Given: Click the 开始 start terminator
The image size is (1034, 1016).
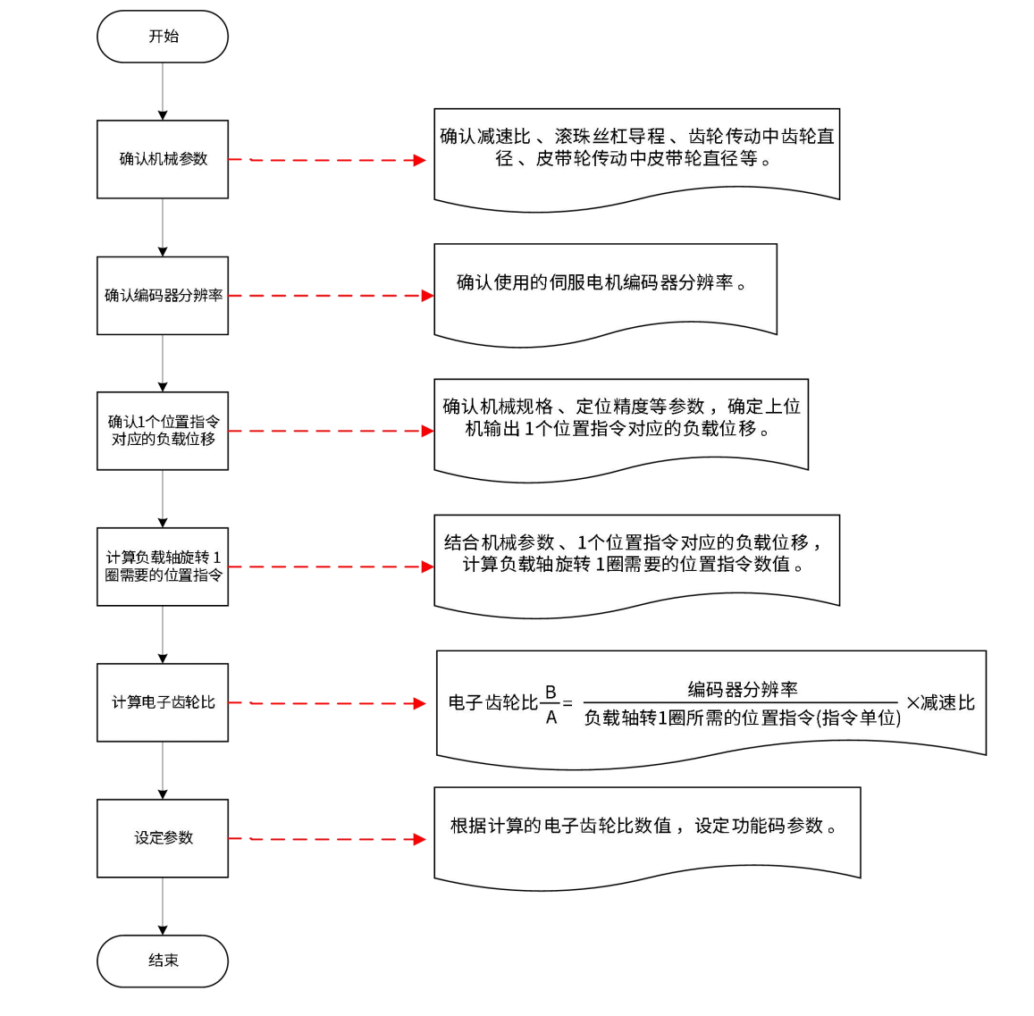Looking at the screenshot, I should [x=163, y=37].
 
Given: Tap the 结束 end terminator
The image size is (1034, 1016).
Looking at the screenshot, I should [x=163, y=961].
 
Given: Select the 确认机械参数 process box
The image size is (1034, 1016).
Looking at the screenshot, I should [x=163, y=159].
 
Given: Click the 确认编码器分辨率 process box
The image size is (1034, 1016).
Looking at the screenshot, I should [x=163, y=296].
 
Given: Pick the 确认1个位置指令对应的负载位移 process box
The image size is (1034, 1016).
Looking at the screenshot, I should [x=163, y=431].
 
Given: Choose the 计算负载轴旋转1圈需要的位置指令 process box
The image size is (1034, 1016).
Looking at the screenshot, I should [x=163, y=567].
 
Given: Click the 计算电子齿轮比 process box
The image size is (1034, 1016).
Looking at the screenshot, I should [x=163, y=702].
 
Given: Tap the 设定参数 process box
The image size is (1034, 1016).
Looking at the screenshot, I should [x=163, y=838].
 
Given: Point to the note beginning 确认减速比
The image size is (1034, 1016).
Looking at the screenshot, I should [x=636, y=148].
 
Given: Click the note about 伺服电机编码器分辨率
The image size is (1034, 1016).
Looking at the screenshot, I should [x=604, y=284].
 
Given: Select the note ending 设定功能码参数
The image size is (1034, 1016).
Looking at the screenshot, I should [x=646, y=827].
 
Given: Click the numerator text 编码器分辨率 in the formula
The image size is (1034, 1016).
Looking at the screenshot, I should [x=742, y=689].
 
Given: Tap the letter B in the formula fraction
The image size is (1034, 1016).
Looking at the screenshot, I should [x=551, y=693].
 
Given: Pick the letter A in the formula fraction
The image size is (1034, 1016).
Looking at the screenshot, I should [x=551, y=717].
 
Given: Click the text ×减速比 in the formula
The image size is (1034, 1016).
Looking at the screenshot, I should [x=940, y=703].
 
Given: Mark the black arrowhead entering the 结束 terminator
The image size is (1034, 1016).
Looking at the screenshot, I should [x=163, y=930].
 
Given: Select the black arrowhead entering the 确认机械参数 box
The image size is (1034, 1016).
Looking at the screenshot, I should [x=163, y=115].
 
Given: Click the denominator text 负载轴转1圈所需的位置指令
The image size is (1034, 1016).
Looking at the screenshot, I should [x=742, y=718].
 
